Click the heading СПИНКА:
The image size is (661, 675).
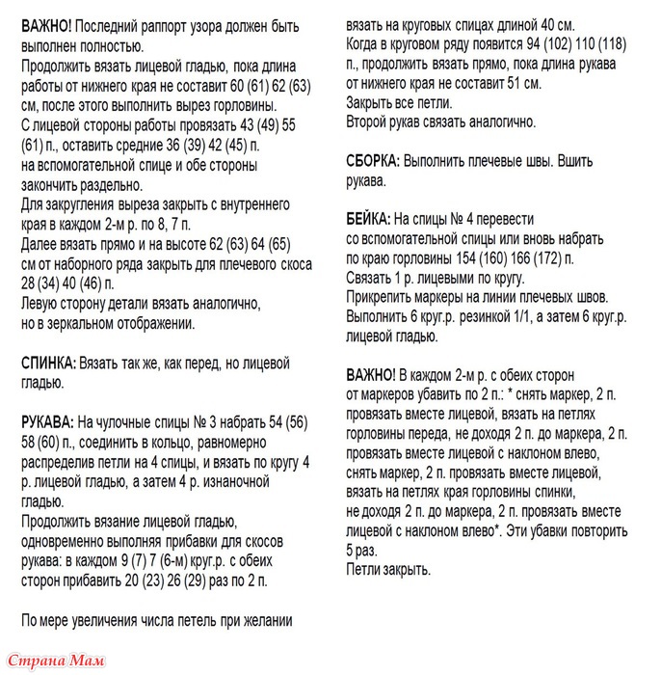[x=47, y=362]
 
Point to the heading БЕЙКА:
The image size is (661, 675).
[x=367, y=219]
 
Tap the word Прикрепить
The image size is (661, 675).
[x=383, y=298]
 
